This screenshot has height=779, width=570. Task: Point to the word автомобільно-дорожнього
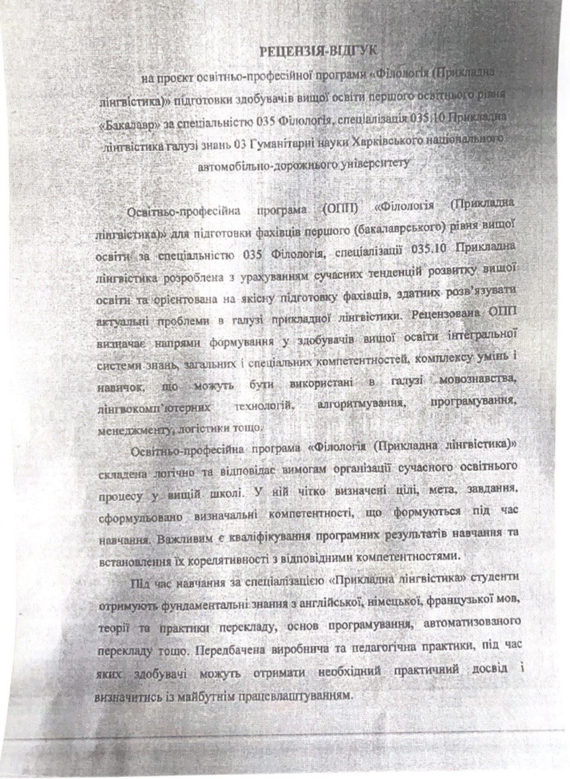tap(257, 163)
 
